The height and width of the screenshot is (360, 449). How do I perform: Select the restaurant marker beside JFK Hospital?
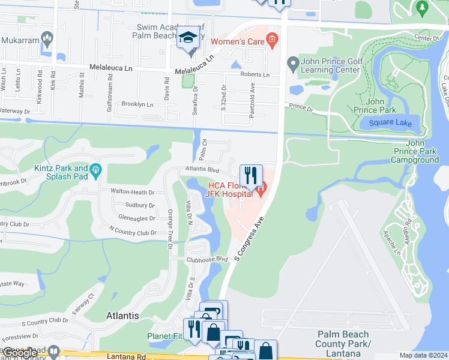tap(252, 175)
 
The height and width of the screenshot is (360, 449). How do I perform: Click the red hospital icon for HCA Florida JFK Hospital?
tap(261, 191)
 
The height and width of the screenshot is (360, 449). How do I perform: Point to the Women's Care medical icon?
tap(272, 41)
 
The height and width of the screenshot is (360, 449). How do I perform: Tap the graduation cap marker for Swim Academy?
tap(188, 39)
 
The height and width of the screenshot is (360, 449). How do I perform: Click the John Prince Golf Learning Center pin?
tap(292, 62)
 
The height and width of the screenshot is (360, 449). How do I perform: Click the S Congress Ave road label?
tap(250, 238)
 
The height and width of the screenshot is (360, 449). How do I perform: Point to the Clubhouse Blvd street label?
tap(207, 259)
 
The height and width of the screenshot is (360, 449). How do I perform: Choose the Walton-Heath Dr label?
tap(132, 192)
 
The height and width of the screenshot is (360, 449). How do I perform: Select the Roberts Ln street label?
tap(255, 75)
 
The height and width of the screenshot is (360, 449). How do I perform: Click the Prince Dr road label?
tap(301, 109)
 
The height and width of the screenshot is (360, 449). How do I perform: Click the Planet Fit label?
tap(164, 337)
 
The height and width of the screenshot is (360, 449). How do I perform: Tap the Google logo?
tap(20, 353)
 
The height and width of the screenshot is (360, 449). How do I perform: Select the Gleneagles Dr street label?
tap(137, 218)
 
